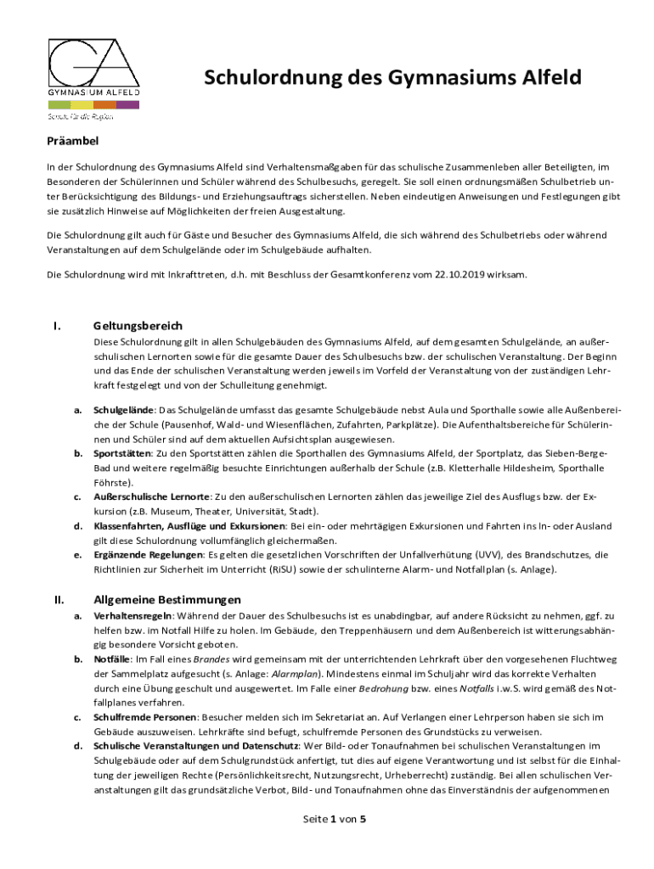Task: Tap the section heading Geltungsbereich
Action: pyautogui.click(x=138, y=326)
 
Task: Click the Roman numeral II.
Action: pyautogui.click(x=59, y=599)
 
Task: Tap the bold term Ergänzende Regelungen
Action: pyautogui.click(x=147, y=555)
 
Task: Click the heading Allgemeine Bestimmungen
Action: pyautogui.click(x=167, y=599)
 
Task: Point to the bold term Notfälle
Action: pyautogui.click(x=111, y=659)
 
